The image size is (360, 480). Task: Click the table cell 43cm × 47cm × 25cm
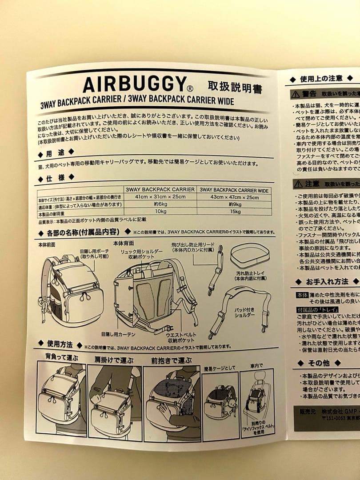click(234, 197)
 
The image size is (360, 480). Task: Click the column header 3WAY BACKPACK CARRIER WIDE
click(234, 190)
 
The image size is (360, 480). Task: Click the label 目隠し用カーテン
click(118, 333)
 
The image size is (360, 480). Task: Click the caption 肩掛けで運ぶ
click(114, 360)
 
